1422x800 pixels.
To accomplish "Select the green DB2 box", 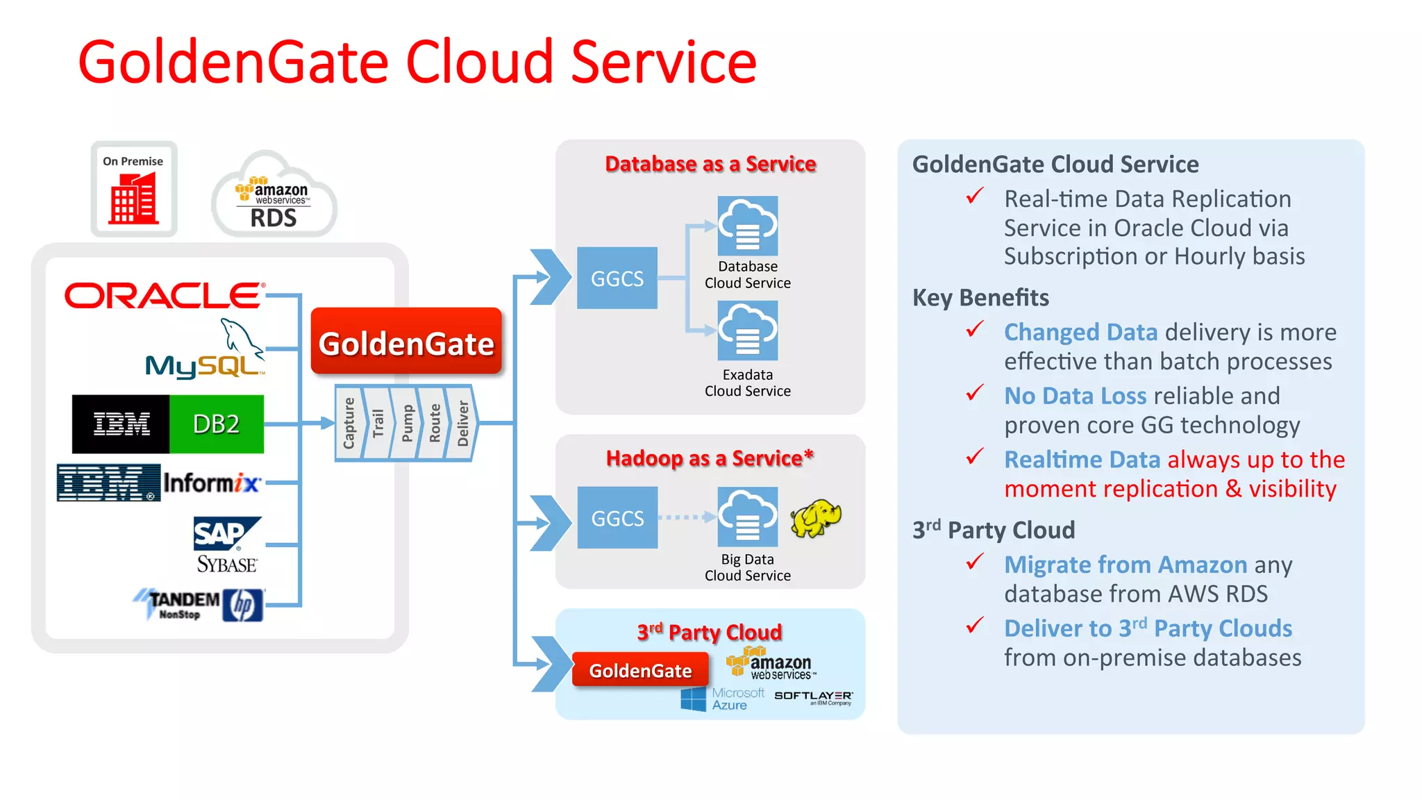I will point(217,424).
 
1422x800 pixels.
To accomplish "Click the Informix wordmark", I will point(212,482).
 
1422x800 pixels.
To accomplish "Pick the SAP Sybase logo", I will point(226,545).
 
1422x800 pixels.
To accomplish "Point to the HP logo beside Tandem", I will point(243,605).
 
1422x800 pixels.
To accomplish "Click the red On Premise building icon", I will point(133,199).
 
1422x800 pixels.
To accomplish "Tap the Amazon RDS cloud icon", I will point(274,198).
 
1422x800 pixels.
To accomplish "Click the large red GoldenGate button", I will point(406,342).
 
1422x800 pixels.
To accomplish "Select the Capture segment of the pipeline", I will point(349,423).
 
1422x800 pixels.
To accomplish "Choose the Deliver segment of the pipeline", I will point(463,423).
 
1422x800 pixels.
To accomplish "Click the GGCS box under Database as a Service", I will point(617,278).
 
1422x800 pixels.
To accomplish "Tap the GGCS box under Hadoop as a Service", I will point(617,518).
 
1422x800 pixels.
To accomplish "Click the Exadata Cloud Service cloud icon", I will point(747,331).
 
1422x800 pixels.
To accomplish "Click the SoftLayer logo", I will point(813,697).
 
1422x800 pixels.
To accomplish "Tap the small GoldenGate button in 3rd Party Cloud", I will point(640,670).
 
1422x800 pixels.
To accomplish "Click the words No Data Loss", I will point(1075,396).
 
